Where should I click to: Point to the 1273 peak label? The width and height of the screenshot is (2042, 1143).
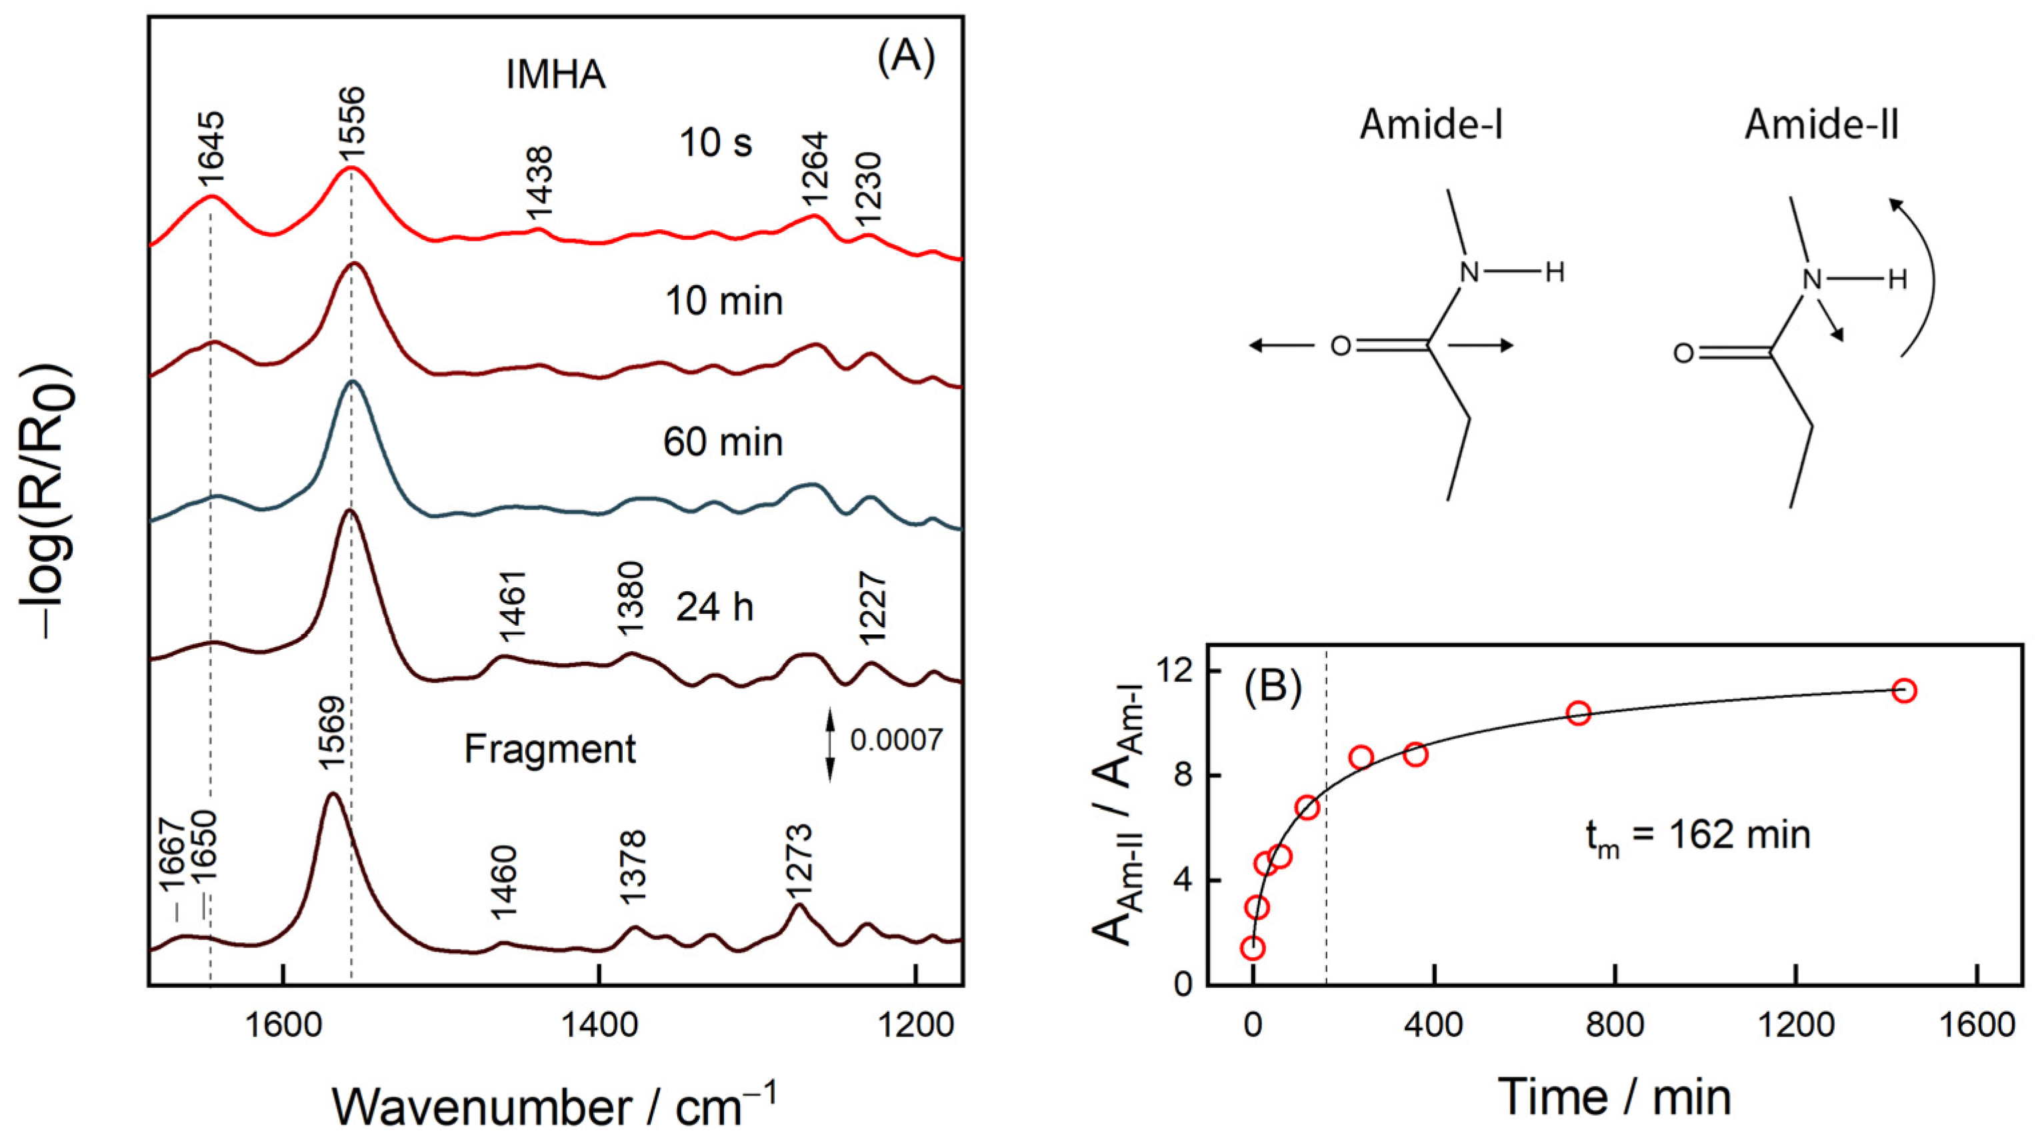tap(800, 862)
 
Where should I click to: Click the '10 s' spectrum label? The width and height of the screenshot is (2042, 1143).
tap(715, 143)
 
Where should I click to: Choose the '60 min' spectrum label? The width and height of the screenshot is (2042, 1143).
tap(723, 441)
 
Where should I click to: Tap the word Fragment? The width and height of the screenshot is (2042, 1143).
tap(549, 749)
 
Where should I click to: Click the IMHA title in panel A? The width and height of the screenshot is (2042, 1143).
tap(556, 75)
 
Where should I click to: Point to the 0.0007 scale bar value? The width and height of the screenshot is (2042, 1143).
tap(896, 740)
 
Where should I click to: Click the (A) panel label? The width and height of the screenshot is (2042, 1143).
tap(905, 58)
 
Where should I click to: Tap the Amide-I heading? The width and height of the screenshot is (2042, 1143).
tap(1431, 125)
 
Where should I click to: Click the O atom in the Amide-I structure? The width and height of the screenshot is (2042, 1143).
tap(1339, 347)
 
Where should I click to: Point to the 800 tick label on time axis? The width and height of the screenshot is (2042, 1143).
tap(1615, 1026)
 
